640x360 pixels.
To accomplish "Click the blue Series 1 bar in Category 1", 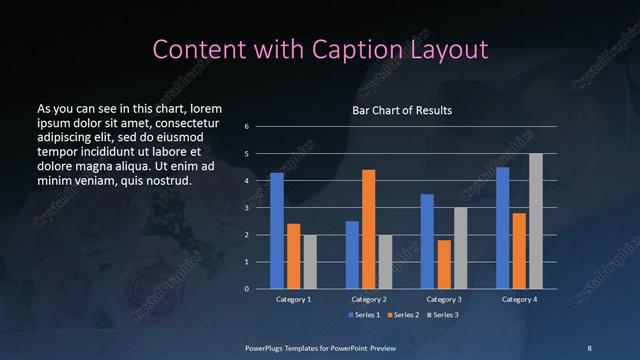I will coord(277,231).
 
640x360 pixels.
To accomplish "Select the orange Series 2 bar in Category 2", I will coord(368,229).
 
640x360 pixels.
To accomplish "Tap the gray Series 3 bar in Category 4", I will coord(535,221).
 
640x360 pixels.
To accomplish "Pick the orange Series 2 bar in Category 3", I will coord(444,264).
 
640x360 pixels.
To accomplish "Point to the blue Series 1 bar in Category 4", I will coord(502,228).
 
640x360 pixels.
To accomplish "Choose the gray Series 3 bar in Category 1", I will coord(309,262).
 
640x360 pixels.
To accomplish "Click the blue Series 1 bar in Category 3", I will coord(427,241).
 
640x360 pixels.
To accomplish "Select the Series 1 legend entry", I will coord(365,315).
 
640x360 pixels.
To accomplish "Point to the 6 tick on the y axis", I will coord(246,127).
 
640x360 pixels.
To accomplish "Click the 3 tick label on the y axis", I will coord(246,208).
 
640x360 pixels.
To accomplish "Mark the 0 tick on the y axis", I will coord(246,289).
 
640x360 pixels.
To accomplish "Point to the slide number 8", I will coord(589,347).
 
